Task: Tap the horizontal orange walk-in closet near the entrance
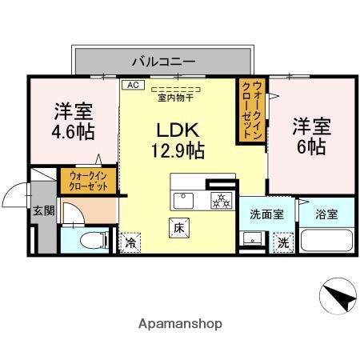click(88, 180)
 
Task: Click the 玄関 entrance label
click(44, 211)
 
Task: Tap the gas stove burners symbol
click(218, 200)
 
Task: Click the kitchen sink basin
click(183, 199)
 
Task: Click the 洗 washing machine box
click(282, 241)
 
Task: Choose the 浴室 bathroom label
click(326, 214)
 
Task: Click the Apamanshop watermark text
click(179, 324)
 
